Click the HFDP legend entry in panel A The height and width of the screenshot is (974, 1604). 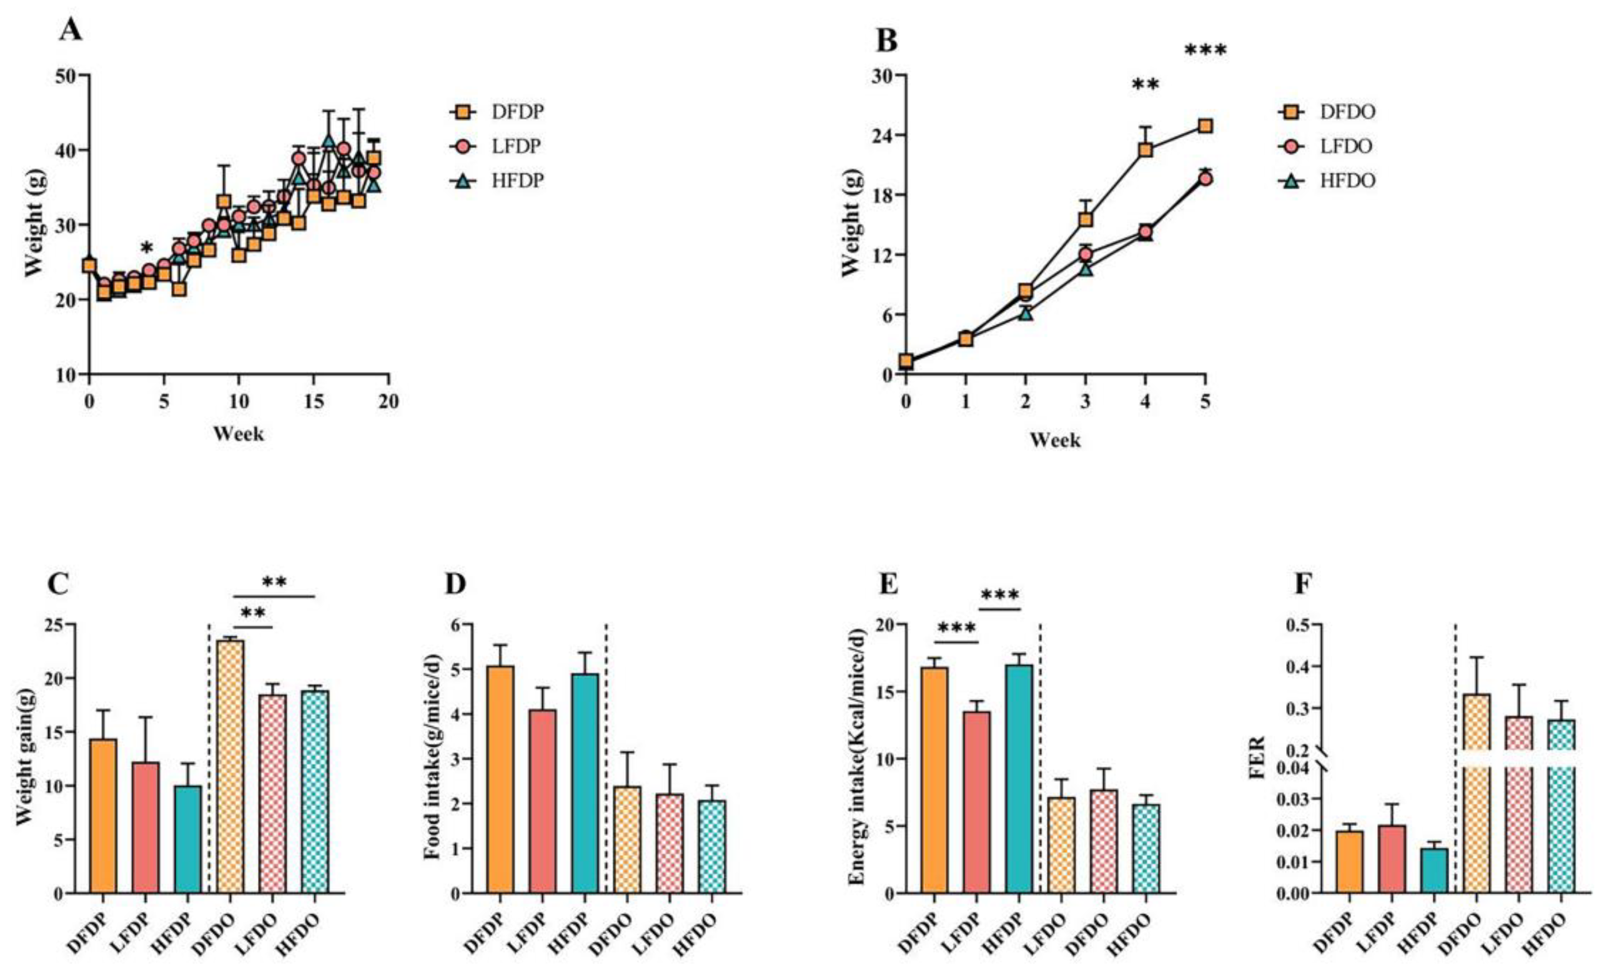click(497, 180)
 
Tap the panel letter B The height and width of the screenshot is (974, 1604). click(888, 41)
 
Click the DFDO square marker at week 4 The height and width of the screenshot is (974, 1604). click(1145, 150)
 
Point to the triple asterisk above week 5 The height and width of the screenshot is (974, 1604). click(1205, 51)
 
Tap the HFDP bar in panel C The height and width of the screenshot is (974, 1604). click(187, 839)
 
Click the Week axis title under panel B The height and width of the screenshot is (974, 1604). click(1054, 440)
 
